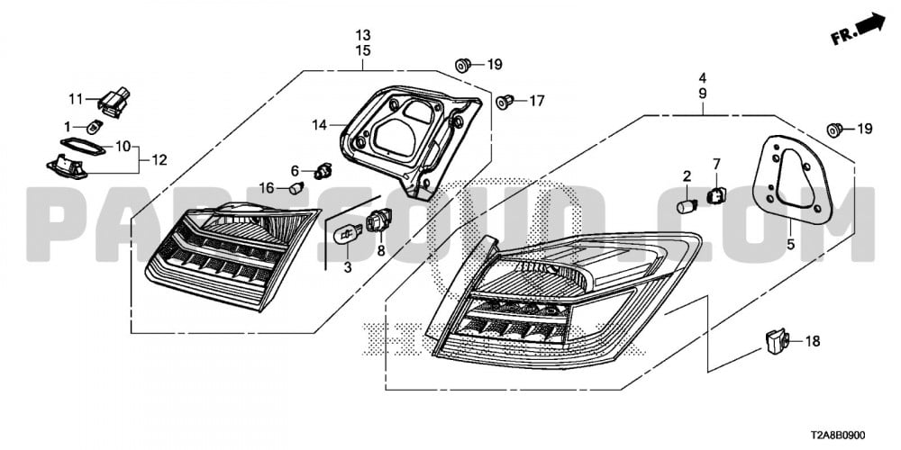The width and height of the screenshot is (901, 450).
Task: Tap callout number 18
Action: tap(813, 341)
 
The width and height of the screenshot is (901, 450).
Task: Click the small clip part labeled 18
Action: tap(775, 340)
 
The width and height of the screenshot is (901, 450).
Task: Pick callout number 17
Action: tap(537, 101)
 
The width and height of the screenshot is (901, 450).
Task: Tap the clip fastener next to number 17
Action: tap(506, 100)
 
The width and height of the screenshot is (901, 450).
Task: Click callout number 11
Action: tap(76, 97)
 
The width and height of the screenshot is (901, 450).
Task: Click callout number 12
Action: tap(159, 160)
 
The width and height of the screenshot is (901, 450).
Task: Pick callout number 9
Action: tap(702, 94)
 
